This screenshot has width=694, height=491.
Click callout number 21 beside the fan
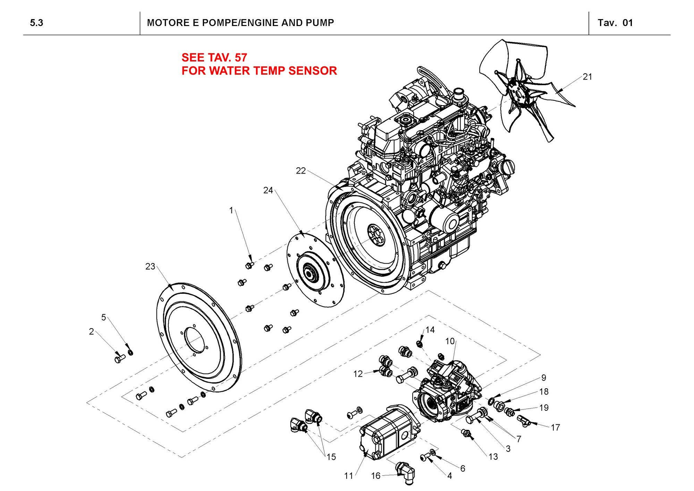(x=587, y=77)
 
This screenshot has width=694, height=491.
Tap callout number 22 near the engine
(x=301, y=170)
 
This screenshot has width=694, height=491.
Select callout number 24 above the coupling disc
(x=268, y=190)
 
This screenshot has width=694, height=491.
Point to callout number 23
(x=150, y=267)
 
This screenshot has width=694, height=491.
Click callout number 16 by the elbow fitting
(x=376, y=476)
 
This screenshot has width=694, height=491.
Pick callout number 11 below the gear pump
(x=348, y=476)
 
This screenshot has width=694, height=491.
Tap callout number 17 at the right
(x=556, y=427)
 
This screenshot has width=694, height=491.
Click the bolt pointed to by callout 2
(x=119, y=358)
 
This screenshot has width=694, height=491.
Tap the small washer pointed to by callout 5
(x=130, y=353)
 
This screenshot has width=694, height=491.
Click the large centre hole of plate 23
(x=194, y=341)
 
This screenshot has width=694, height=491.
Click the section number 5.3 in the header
(x=36, y=23)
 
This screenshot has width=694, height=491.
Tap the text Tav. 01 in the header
(x=615, y=23)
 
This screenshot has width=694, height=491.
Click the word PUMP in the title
(x=320, y=23)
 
